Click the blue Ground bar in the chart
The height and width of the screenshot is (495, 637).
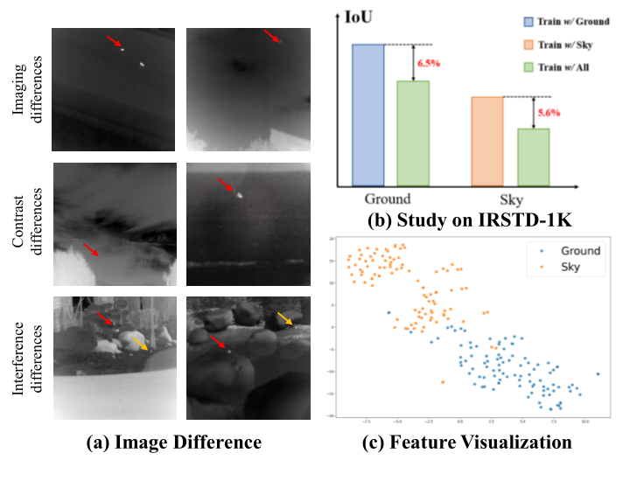(367, 115)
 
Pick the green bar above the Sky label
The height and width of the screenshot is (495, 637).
(533, 157)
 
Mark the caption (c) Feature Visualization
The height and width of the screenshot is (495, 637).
(467, 443)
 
